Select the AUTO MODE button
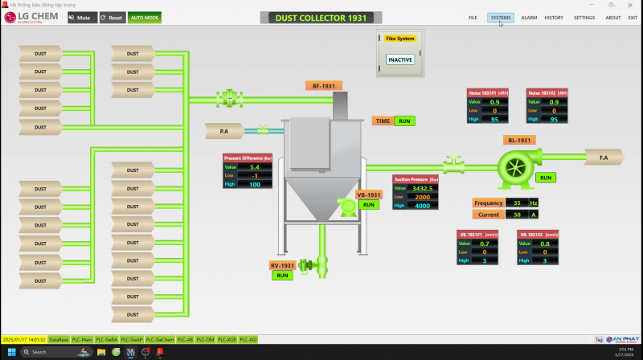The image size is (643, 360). point(144,17)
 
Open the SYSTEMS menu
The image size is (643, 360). point(501,17)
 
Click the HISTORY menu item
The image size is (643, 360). point(554,17)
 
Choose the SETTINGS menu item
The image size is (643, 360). point(584,17)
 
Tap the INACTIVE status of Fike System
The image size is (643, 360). point(399,59)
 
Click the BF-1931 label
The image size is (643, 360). point(324,85)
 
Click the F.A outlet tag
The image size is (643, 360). point(604,157)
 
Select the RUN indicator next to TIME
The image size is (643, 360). point(405,121)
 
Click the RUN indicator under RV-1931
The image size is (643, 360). point(282,275)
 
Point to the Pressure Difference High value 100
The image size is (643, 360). point(255,185)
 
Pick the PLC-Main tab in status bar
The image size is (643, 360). point(82,340)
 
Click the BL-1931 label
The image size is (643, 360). point(520,140)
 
